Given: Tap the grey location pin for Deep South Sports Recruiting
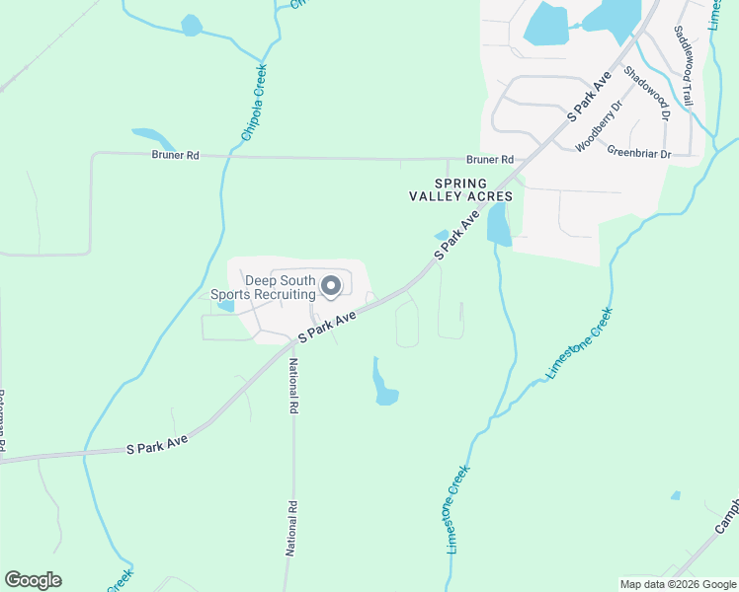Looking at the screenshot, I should (331, 287).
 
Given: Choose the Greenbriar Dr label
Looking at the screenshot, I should (638, 153).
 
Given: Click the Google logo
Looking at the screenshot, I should (33, 580).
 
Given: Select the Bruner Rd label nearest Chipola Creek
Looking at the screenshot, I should (176, 155).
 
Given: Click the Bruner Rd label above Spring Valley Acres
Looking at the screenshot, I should (490, 159).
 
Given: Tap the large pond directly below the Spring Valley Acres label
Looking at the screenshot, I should (498, 226).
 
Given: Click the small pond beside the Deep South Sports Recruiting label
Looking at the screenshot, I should (226, 306).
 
